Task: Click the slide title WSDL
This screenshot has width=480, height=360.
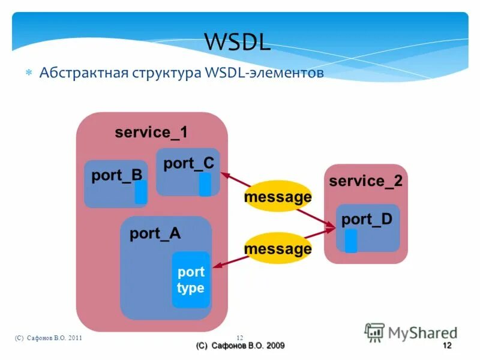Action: point(238,41)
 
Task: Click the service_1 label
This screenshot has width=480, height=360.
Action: point(151,133)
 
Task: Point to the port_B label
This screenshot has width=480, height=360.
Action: point(116,175)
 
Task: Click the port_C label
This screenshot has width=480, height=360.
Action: point(188,163)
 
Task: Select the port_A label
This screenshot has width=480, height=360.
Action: point(155,234)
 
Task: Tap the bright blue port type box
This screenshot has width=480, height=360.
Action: point(191,280)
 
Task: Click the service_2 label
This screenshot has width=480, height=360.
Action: point(366,181)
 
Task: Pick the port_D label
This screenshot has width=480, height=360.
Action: point(367,220)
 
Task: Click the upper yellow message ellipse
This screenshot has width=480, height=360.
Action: point(278,197)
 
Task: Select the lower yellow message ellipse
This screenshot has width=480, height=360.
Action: point(278,248)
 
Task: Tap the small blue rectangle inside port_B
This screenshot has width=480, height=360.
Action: point(140,192)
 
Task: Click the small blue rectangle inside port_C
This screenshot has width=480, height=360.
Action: point(205,184)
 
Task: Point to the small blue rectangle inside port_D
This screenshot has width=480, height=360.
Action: point(351,241)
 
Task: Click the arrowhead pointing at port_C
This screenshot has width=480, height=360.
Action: point(224,175)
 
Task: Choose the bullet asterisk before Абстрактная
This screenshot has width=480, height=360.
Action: point(28,74)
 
